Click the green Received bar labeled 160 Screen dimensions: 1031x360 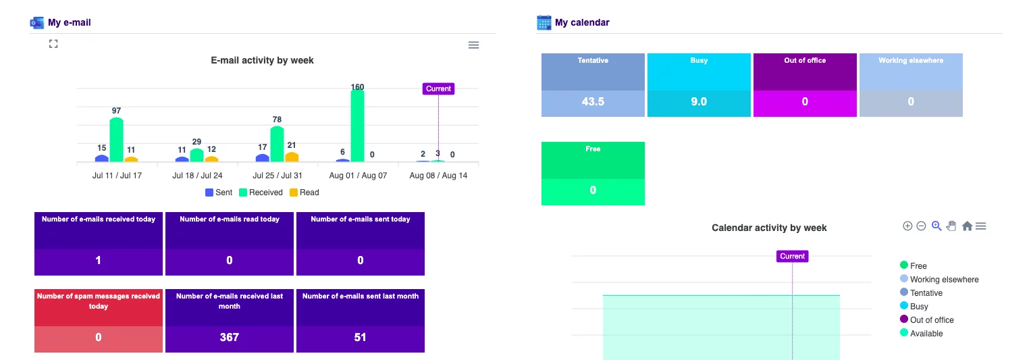(357, 126)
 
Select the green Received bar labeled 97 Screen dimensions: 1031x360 (116, 140)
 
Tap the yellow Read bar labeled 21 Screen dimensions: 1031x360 (292, 157)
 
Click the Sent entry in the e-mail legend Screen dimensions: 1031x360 (219, 192)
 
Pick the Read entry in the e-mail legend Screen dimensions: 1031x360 (305, 192)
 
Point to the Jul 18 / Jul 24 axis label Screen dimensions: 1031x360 (197, 176)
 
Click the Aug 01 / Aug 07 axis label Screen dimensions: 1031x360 (358, 176)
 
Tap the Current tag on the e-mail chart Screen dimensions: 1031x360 (438, 89)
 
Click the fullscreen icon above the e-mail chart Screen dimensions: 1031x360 (53, 44)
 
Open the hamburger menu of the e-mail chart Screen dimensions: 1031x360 (473, 45)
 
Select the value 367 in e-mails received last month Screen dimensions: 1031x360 (229, 338)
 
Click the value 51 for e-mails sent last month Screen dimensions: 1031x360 (361, 338)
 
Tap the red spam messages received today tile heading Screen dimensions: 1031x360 (99, 301)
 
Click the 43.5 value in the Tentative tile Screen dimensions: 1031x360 (593, 102)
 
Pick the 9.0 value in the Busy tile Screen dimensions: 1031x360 (699, 102)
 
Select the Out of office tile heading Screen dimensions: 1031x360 (805, 60)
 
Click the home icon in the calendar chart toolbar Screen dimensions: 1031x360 (967, 226)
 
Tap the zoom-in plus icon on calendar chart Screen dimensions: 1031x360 (907, 226)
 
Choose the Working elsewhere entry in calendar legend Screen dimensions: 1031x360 (939, 280)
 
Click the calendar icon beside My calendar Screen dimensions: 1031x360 (544, 22)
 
